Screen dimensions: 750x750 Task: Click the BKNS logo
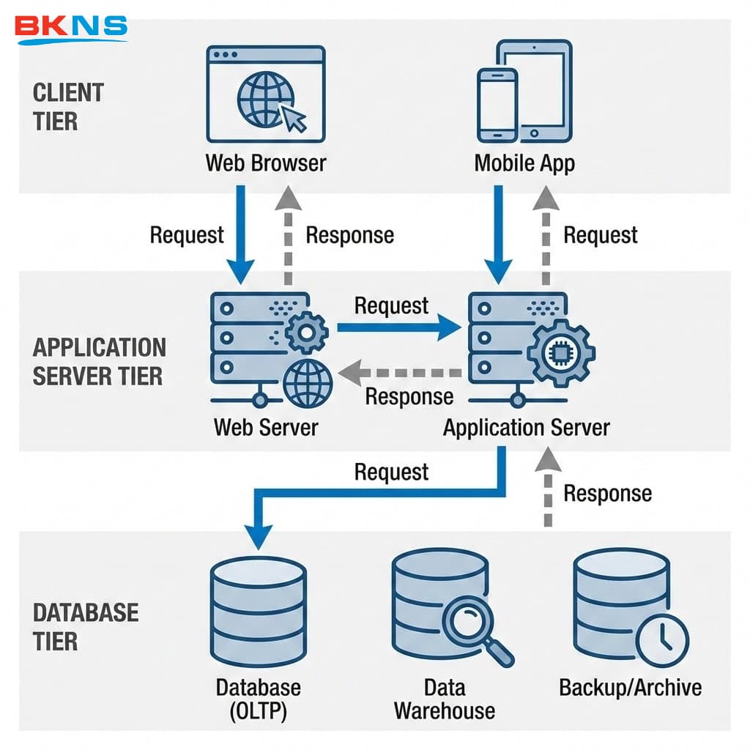tap(71, 27)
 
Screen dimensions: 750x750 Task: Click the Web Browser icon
tap(265, 94)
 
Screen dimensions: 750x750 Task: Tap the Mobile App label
tap(524, 163)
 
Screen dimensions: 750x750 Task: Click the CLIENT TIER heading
tap(68, 107)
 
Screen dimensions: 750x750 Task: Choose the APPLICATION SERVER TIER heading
tap(99, 361)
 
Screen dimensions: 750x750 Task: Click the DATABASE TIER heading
tap(86, 626)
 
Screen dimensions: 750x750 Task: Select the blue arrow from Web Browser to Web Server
tap(240, 233)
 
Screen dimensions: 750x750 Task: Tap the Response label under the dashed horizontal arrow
tap(409, 396)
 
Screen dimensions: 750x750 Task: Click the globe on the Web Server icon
tap(308, 382)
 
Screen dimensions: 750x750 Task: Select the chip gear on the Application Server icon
tap(561, 353)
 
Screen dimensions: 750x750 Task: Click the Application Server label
tap(526, 427)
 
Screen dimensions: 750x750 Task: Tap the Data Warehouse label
tap(444, 699)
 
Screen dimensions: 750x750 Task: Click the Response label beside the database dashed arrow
tap(607, 493)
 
